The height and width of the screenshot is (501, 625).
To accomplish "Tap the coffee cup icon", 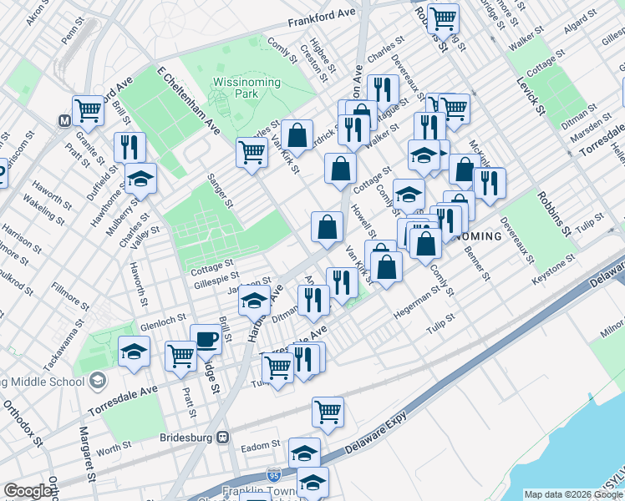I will (x=206, y=339).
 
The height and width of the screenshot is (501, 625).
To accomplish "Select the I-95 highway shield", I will (x=275, y=474).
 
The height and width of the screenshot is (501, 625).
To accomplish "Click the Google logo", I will (x=28, y=491).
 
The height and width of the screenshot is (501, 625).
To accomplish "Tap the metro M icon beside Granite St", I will (x=64, y=120).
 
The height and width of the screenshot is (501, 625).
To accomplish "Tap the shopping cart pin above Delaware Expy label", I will (x=328, y=410).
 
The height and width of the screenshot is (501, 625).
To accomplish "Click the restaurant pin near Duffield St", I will (x=130, y=148).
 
